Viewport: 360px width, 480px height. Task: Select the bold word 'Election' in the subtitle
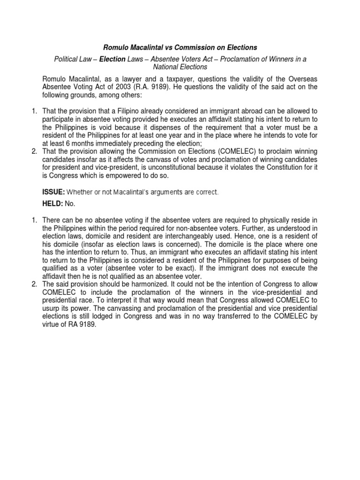[112, 59]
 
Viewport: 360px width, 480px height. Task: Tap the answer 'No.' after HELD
[70, 204]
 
